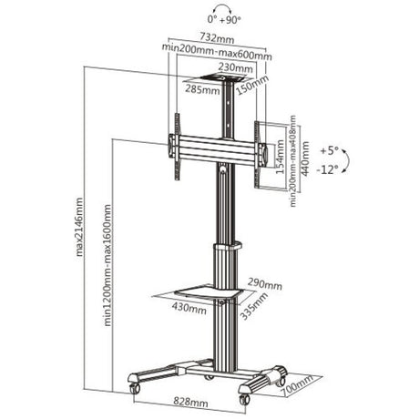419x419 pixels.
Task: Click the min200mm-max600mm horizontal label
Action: [219, 53]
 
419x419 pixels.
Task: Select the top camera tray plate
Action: [220, 80]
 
